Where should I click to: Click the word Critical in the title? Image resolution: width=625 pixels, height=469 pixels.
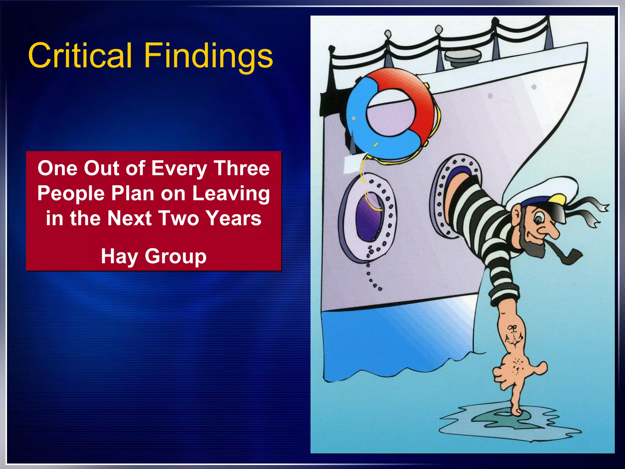pos(80,56)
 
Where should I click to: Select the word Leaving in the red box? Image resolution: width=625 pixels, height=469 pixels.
pos(231,194)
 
